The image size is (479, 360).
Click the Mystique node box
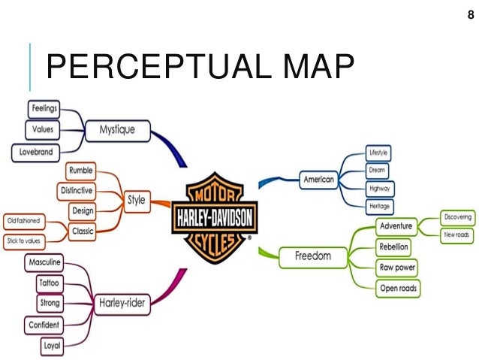tap(117, 129)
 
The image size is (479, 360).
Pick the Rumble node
tap(80, 171)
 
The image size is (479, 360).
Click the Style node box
tap(136, 201)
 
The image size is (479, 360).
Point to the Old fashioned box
tap(23, 221)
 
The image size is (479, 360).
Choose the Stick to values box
tap(24, 241)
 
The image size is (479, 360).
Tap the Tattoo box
tap(51, 283)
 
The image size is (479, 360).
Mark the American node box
tap(318, 179)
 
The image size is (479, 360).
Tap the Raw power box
tap(397, 267)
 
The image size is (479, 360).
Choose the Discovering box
tap(457, 218)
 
